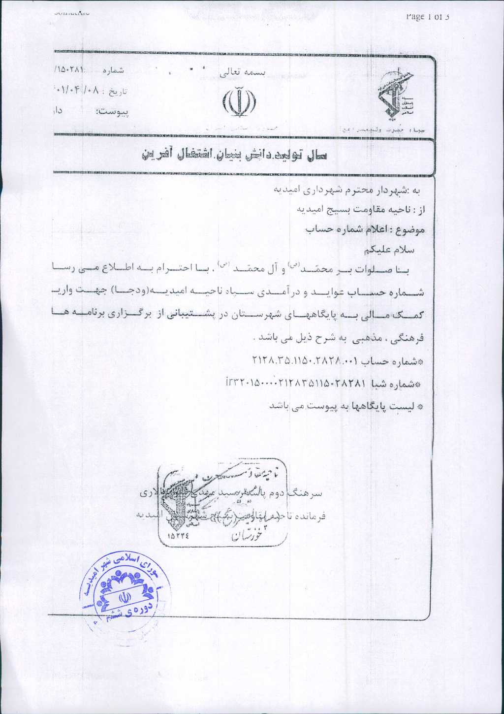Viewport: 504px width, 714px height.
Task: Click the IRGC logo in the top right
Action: [395, 96]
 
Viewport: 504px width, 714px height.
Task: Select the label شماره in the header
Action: [113, 70]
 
